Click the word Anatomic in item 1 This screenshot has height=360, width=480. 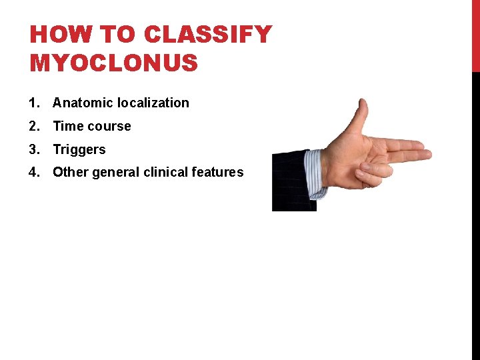click(83, 103)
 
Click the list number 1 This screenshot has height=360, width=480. click(33, 103)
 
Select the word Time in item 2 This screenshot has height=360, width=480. click(67, 126)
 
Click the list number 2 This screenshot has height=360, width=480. click(33, 126)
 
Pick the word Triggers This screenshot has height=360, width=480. click(79, 149)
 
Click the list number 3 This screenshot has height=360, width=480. click(33, 149)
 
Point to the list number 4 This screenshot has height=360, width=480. click(33, 172)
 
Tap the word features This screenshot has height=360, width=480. click(217, 172)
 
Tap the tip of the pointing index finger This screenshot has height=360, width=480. click(427, 155)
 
